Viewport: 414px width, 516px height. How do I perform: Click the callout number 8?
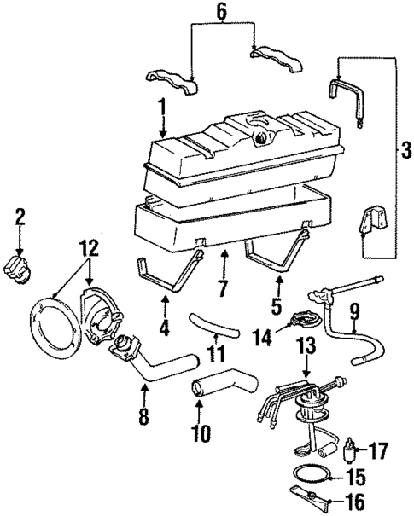[x=143, y=419]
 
